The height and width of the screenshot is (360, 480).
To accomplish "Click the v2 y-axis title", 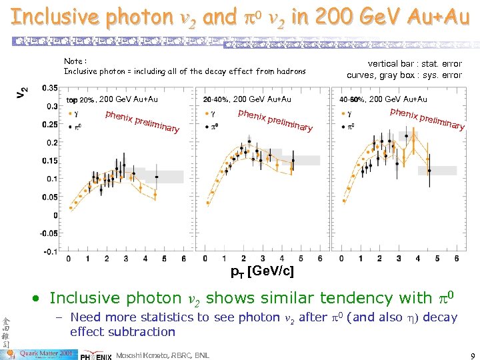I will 22,95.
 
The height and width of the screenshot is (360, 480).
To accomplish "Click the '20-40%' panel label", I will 216,100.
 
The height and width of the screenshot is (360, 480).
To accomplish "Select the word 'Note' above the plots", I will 73,61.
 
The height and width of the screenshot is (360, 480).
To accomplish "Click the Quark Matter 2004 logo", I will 44,352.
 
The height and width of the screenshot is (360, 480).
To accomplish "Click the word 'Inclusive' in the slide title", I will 53,17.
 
